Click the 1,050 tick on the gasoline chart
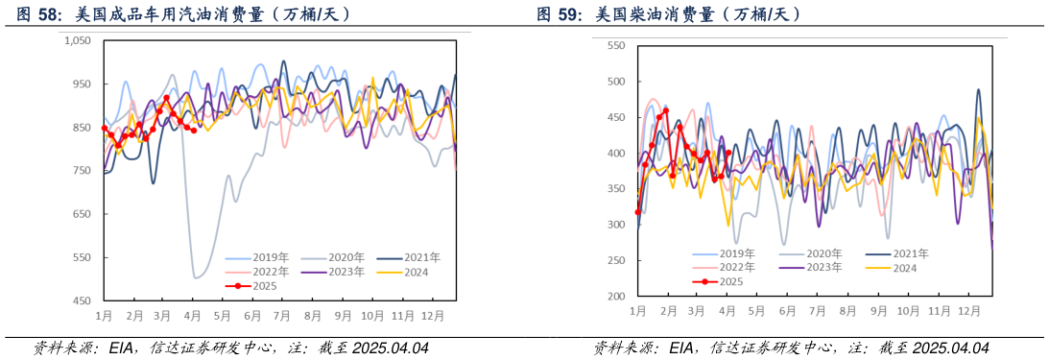point(77,40)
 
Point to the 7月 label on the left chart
point(282,315)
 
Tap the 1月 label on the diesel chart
point(637,311)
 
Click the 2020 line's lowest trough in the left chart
point(196,277)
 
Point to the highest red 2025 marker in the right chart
point(666,110)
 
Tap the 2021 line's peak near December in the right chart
point(978,90)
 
